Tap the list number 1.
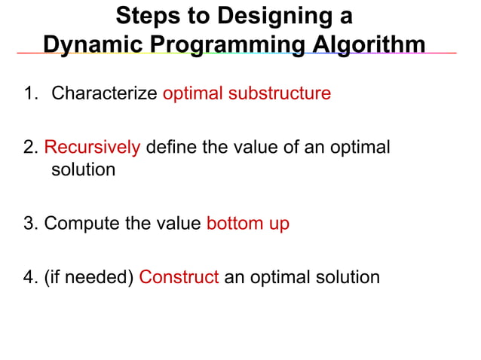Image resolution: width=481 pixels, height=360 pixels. click(x=28, y=94)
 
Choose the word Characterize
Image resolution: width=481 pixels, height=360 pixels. click(x=104, y=94)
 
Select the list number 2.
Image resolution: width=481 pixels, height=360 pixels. click(x=29, y=147)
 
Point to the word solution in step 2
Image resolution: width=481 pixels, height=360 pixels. click(x=83, y=169)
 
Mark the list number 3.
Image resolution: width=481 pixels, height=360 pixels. click(x=29, y=224)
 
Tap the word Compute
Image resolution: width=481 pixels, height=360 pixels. click(x=78, y=224)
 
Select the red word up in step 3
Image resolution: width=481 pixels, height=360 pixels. click(x=278, y=224)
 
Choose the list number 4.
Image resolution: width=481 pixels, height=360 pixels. click(x=29, y=276)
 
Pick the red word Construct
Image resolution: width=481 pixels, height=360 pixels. click(x=179, y=276)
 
